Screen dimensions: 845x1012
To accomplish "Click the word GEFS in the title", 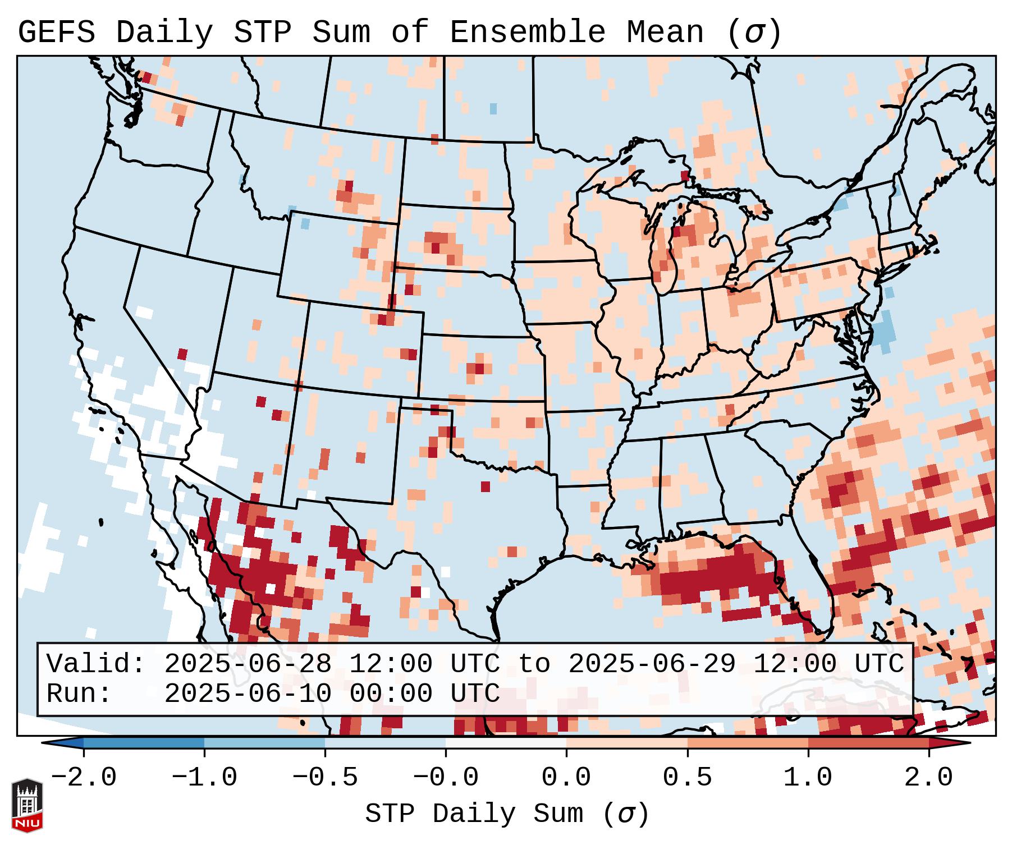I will click(x=56, y=33).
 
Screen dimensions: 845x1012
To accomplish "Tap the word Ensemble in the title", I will click(x=528, y=33).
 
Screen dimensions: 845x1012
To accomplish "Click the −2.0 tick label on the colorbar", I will click(x=84, y=778).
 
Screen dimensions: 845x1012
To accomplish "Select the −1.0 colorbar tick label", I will click(x=204, y=778).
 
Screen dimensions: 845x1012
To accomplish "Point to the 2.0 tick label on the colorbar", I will click(x=929, y=778).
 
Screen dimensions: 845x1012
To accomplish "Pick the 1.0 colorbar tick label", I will click(x=808, y=778).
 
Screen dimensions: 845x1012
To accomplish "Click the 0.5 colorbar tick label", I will click(x=688, y=778).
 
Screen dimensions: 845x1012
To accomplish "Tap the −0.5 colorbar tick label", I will click(x=325, y=778).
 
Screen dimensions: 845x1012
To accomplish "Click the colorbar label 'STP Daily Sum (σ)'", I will click(x=507, y=814).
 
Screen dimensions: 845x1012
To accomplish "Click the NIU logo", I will click(x=27, y=805).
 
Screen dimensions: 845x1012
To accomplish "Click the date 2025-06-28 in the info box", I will click(x=248, y=664).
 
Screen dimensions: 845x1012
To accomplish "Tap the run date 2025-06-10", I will click(x=248, y=694).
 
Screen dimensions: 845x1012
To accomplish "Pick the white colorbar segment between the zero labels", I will click(x=506, y=743).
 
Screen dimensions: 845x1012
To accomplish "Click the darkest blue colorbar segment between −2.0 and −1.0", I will click(x=144, y=743).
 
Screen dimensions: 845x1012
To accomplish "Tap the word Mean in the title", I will click(x=665, y=33).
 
